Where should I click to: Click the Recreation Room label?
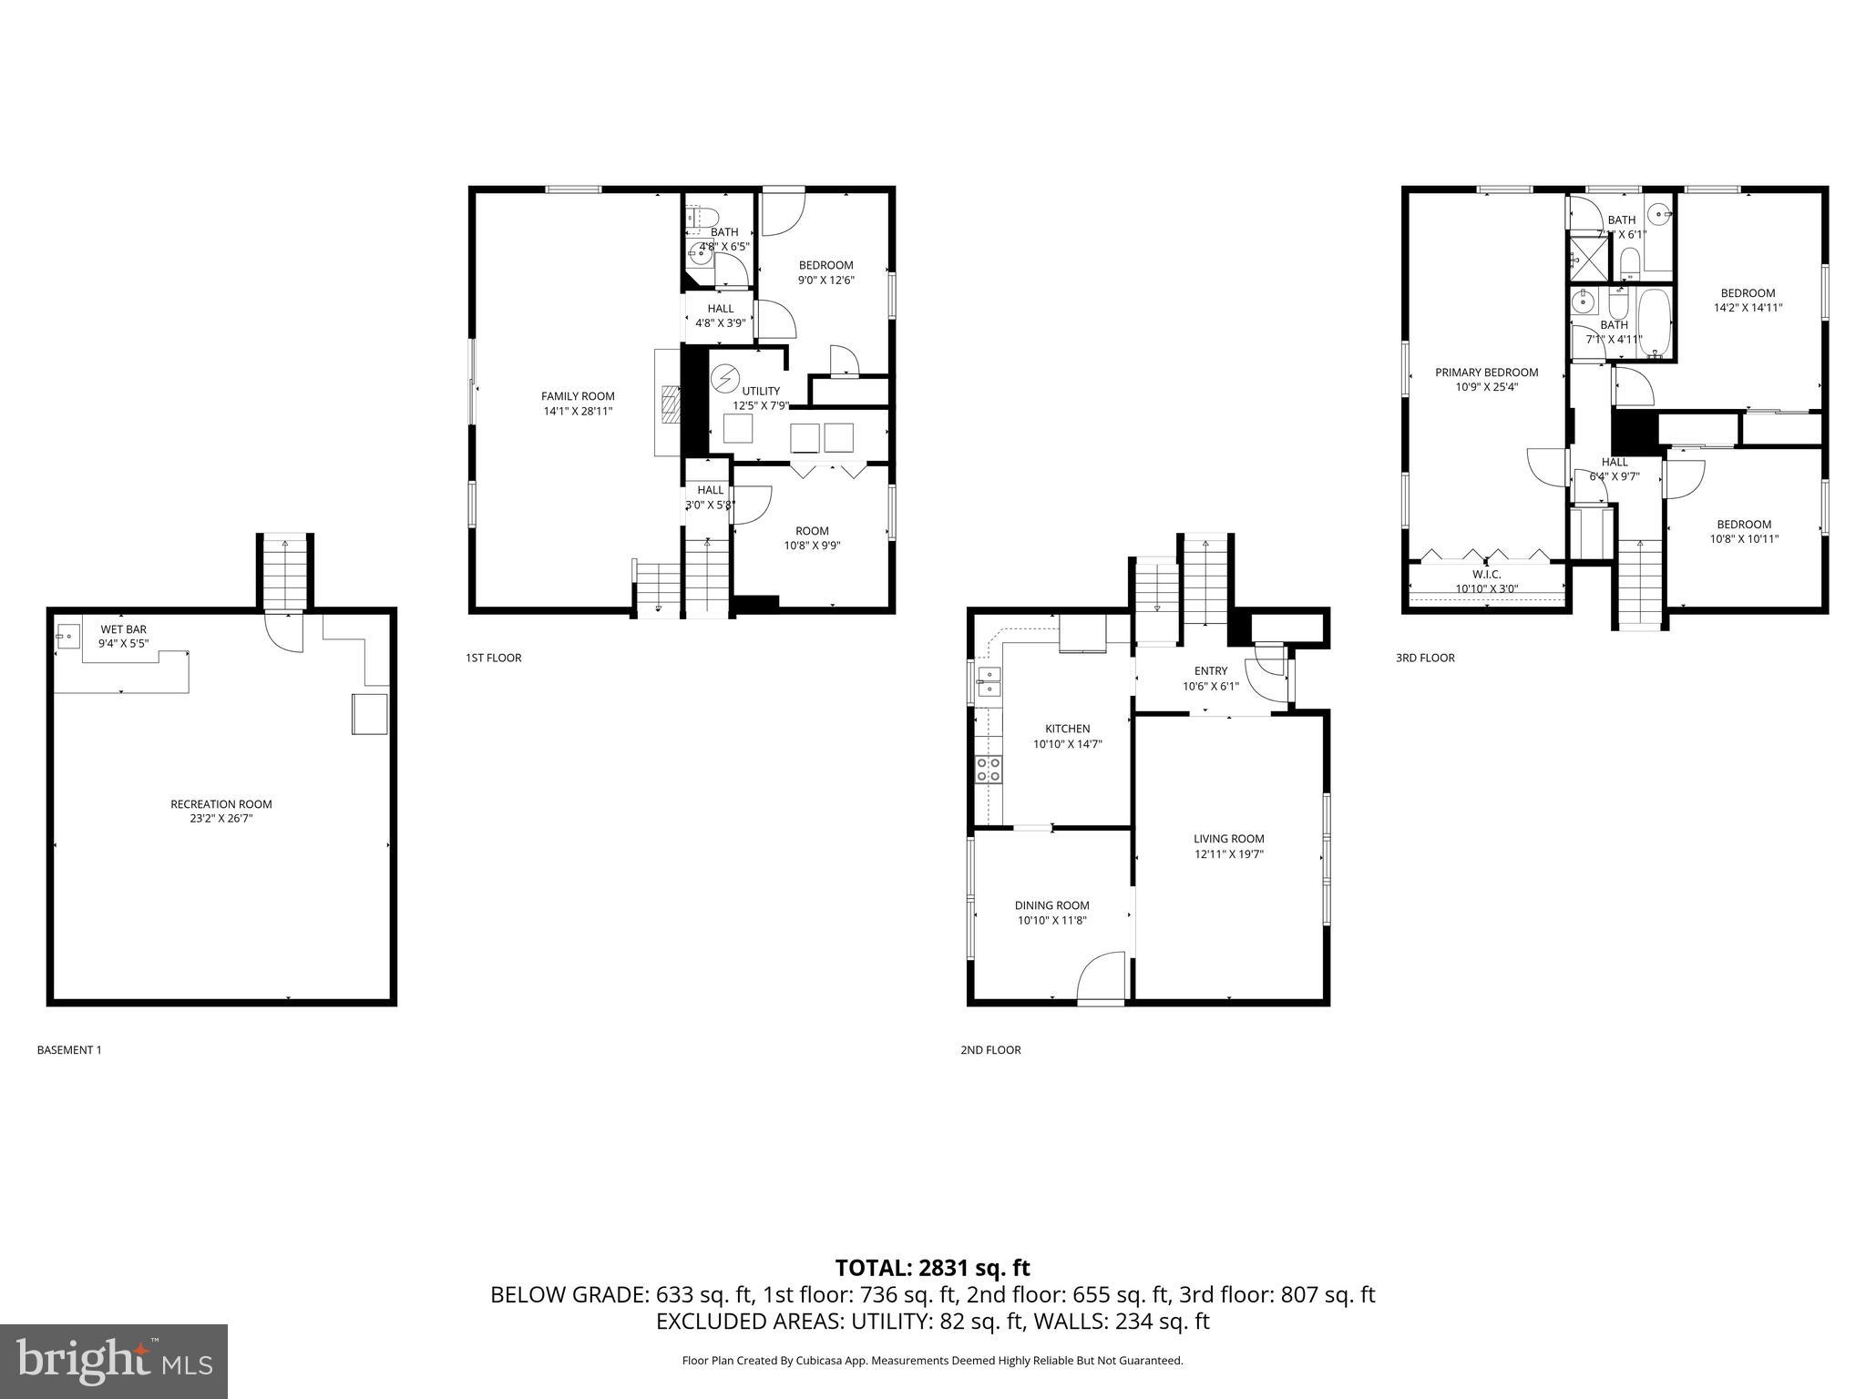click(221, 804)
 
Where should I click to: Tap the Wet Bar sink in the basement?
click(67, 636)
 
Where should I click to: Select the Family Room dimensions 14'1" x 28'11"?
click(578, 411)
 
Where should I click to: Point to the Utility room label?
click(761, 391)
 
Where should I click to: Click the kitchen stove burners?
click(989, 770)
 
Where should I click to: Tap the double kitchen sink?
click(988, 681)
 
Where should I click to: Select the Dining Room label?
click(1052, 905)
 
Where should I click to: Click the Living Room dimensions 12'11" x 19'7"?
click(1229, 854)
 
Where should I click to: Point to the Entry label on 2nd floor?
click(1211, 671)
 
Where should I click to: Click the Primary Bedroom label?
click(1486, 373)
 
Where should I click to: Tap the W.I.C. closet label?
click(1486, 575)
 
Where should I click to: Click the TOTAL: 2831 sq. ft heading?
click(932, 1268)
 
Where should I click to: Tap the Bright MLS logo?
click(114, 1361)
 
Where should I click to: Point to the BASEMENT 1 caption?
click(69, 1050)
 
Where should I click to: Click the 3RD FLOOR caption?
click(1425, 658)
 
